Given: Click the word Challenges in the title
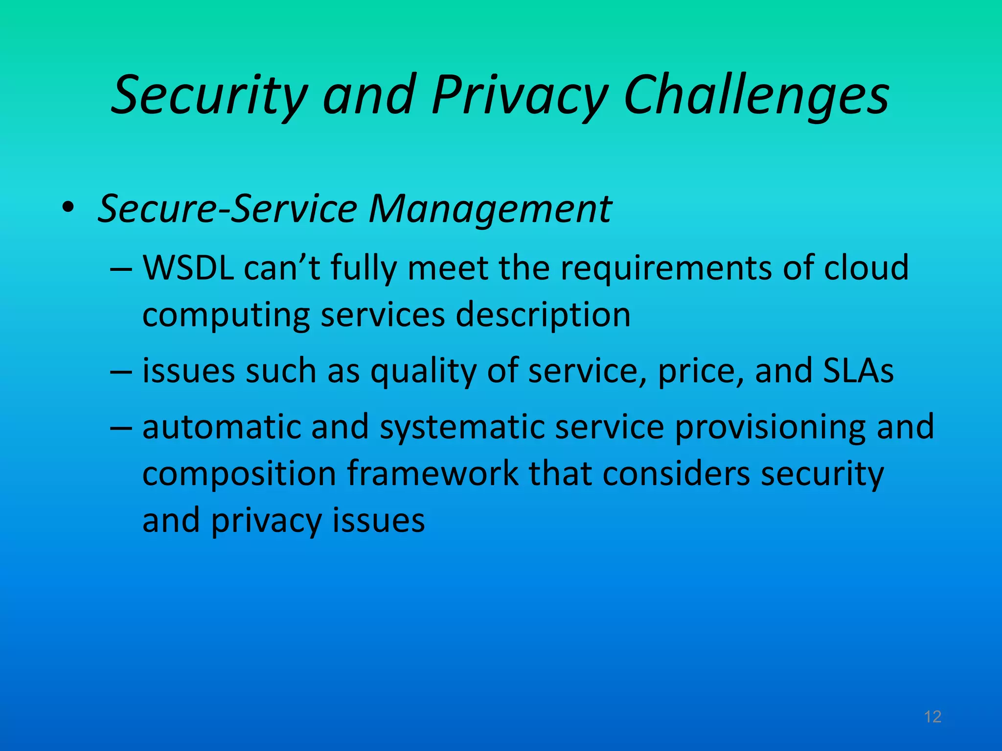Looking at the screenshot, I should [x=756, y=95].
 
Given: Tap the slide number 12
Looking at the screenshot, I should [x=933, y=717].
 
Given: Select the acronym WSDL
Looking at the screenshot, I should [x=188, y=268].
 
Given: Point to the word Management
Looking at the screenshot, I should [x=490, y=209].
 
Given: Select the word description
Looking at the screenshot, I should [x=543, y=315].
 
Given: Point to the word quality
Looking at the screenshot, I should [x=423, y=372].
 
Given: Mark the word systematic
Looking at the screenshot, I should [x=462, y=428].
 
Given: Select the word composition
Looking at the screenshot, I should [x=239, y=474].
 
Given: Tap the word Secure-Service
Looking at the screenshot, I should [x=228, y=209].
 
